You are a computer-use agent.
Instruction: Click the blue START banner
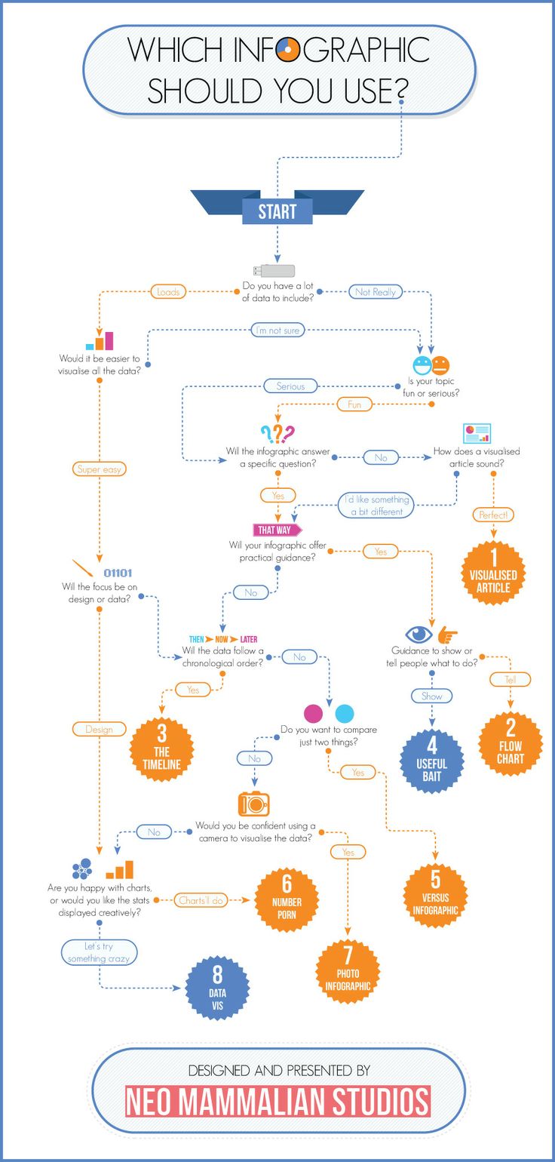pyautogui.click(x=277, y=211)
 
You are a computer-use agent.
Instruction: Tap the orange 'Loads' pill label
pyautogui.click(x=167, y=291)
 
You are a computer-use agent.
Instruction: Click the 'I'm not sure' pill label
pyautogui.click(x=277, y=330)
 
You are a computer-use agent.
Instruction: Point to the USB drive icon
pyautogui.click(x=273, y=270)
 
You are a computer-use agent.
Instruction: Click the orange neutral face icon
pyautogui.click(x=440, y=366)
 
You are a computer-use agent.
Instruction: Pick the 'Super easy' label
pyautogui.click(x=100, y=469)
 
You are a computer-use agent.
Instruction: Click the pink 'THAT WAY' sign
pyautogui.click(x=276, y=530)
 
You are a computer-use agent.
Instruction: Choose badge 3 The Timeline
pyautogui.click(x=162, y=749)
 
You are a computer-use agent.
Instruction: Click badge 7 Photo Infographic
pyautogui.click(x=348, y=972)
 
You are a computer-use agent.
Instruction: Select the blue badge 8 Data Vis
pyautogui.click(x=217, y=987)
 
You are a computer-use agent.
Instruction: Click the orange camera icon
pyautogui.click(x=254, y=804)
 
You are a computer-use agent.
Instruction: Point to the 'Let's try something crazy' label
pyautogui.click(x=99, y=951)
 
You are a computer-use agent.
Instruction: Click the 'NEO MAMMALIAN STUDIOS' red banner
pyautogui.click(x=277, y=1102)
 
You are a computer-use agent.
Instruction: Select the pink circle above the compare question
pyautogui.click(x=314, y=713)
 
